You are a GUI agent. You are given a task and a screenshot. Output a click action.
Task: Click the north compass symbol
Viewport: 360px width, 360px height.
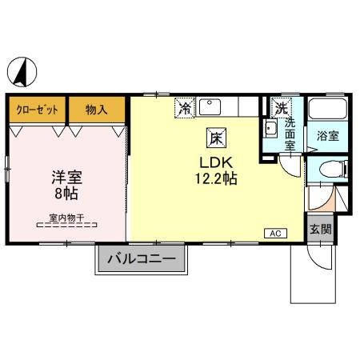[22, 72]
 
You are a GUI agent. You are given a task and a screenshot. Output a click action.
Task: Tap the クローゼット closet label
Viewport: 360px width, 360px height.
[37, 110]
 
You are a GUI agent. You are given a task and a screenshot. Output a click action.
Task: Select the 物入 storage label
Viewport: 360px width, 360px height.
[96, 110]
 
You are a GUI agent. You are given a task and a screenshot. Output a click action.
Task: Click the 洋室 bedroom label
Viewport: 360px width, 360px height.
[66, 177]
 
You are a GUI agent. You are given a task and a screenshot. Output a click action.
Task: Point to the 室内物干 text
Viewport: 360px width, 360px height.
[66, 218]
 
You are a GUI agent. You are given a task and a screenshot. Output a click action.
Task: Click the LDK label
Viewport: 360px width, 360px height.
[216, 162]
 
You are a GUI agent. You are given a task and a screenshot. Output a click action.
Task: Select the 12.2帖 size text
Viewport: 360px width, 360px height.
[216, 178]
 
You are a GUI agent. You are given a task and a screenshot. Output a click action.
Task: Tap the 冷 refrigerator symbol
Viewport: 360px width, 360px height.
[185, 108]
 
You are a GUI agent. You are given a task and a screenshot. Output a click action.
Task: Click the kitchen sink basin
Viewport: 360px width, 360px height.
[210, 107]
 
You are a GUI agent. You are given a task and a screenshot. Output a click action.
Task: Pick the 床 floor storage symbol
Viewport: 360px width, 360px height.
[216, 138]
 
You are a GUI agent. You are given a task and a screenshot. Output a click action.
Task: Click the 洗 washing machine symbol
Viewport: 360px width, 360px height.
[281, 108]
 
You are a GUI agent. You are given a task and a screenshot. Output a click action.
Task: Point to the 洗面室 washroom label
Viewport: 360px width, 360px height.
[290, 134]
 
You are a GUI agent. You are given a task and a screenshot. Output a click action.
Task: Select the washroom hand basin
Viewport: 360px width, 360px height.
[270, 129]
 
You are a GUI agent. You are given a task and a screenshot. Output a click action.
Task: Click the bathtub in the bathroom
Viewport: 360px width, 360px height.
[328, 109]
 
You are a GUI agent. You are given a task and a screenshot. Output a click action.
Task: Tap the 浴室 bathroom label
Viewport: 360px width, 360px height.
[328, 136]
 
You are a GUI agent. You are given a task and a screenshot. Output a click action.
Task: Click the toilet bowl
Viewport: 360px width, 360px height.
[331, 169]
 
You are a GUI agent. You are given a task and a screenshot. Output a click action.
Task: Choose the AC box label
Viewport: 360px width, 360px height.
[275, 234]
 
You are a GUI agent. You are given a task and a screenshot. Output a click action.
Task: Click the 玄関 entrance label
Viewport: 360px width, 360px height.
[321, 229]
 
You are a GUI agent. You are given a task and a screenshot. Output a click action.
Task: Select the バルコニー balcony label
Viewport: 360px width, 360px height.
[142, 258]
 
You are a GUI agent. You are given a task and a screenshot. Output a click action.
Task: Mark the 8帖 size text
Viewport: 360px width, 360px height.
[66, 194]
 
